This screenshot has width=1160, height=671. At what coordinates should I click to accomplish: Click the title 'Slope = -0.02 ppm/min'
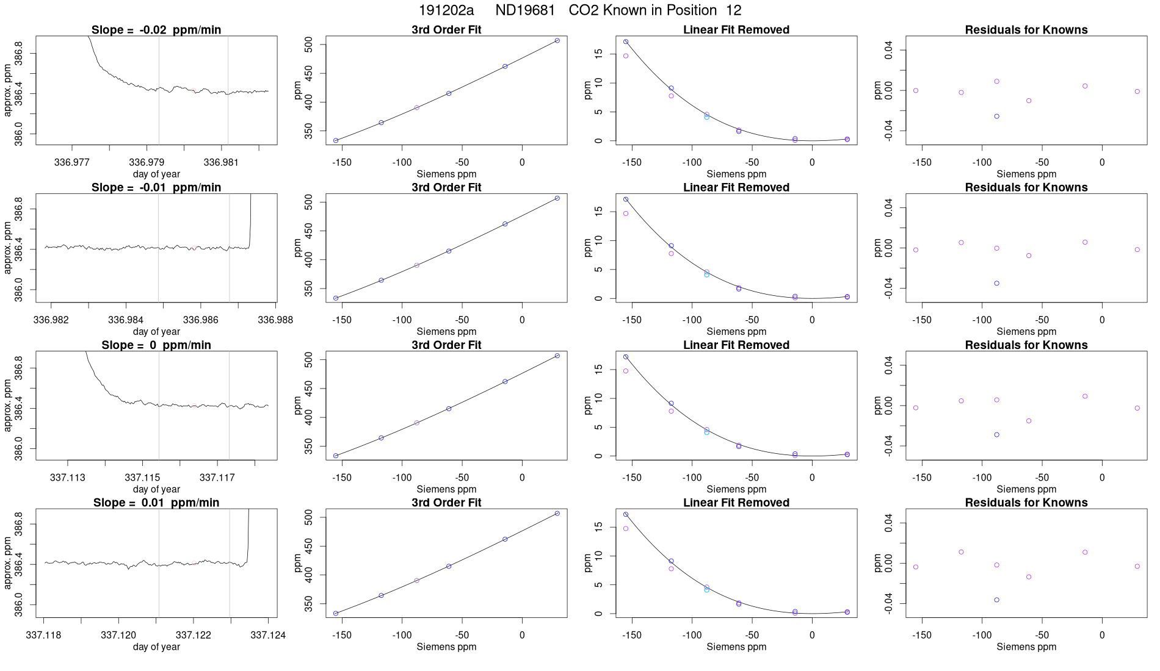[156, 30]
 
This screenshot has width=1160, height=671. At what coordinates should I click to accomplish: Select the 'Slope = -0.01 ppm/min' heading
[156, 187]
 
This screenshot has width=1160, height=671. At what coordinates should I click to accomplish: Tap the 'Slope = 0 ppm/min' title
[156, 345]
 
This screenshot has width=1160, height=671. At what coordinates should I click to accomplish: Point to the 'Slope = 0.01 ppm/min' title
[156, 503]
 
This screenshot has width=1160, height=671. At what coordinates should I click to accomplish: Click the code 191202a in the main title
[446, 10]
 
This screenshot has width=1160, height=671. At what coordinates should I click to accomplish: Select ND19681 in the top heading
[525, 10]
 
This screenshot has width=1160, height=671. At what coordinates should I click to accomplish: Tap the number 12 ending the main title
[734, 10]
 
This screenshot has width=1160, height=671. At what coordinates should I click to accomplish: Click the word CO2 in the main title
[584, 10]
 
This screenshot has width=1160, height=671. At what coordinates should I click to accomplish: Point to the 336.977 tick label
[72, 162]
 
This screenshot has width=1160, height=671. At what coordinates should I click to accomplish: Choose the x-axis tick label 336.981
[221, 162]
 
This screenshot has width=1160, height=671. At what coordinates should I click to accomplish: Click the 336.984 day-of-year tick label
[126, 320]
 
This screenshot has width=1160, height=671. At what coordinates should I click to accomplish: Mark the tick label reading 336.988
[275, 320]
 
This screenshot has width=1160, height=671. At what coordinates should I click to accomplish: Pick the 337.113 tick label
[68, 478]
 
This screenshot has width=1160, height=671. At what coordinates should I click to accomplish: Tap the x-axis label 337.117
[217, 478]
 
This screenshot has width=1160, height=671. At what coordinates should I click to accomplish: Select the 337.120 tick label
[118, 635]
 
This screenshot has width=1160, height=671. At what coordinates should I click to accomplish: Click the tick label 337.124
[268, 635]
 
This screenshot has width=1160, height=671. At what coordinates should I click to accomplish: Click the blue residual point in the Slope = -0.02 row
[997, 117]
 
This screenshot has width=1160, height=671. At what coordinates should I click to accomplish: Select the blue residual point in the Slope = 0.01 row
[997, 600]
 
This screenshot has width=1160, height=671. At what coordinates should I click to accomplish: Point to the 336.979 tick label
[147, 162]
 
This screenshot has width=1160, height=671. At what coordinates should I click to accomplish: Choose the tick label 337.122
[194, 635]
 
